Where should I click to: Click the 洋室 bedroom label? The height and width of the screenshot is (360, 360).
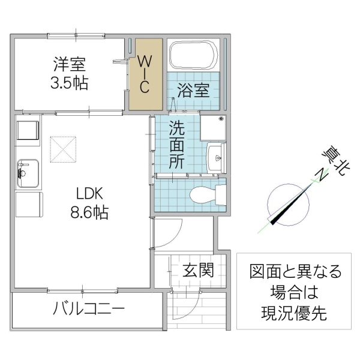coord(70,64)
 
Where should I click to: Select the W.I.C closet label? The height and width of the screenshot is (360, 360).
coord(145,74)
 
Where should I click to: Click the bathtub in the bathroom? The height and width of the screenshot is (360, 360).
coord(193,56)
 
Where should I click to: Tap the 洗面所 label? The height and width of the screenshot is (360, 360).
coord(176,144)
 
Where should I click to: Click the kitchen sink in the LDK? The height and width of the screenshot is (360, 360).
coord(27,170)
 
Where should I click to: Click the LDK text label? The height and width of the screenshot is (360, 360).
coord(90,193)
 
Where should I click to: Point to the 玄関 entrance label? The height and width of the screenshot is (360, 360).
coord(198,269)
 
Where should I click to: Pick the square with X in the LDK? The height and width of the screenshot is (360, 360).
coord(64,149)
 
